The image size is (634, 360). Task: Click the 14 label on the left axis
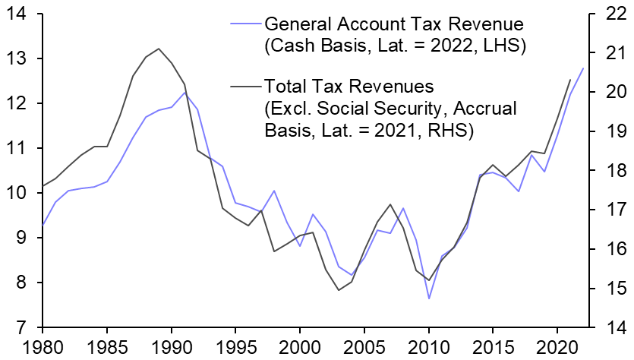[x=17, y=14]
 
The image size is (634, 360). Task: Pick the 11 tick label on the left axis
[x=17, y=149]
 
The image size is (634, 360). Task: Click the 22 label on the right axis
[x=612, y=14]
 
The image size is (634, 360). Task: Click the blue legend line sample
[x=243, y=24]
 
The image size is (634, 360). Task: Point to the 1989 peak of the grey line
[x=159, y=49]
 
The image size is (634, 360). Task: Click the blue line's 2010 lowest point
[x=428, y=298]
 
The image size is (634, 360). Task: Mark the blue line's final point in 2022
[x=582, y=68]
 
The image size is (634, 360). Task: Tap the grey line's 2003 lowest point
[x=339, y=290]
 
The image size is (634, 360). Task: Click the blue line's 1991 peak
[x=185, y=92]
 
